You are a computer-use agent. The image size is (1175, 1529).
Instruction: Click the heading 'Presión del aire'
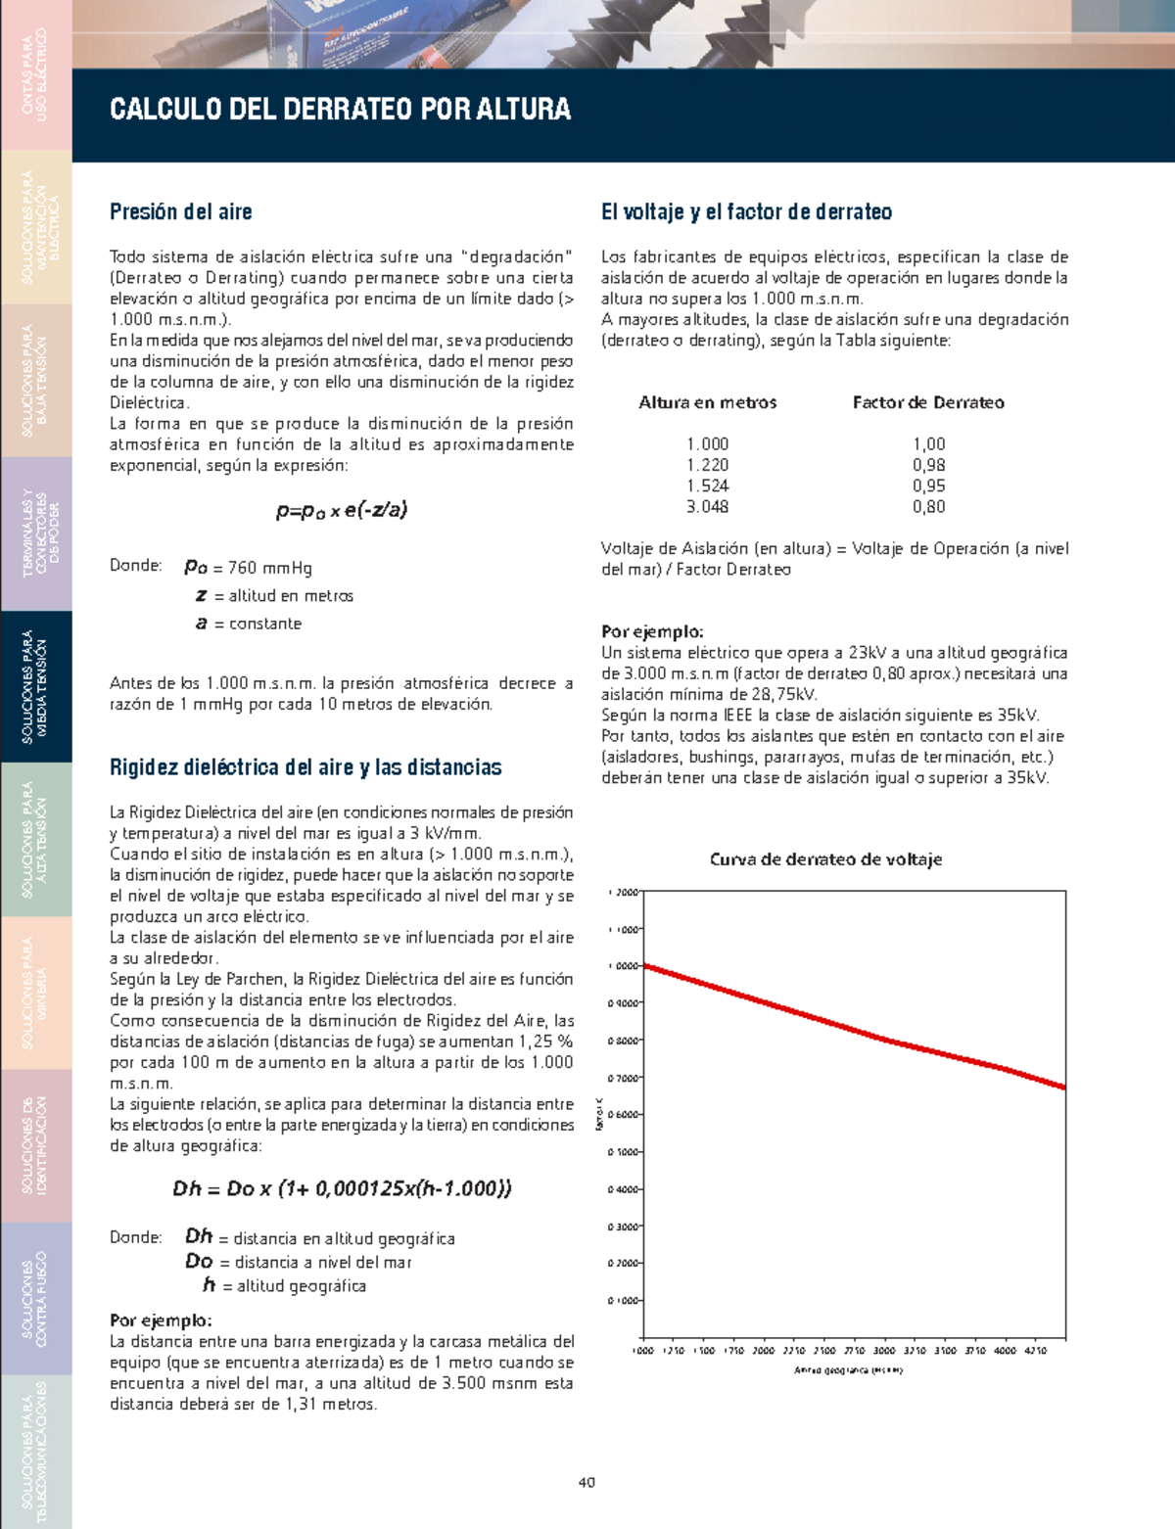tap(181, 212)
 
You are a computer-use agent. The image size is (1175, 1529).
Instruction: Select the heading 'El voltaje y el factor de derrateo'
tap(746, 212)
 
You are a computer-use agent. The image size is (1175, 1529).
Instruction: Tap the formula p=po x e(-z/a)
tap(342, 510)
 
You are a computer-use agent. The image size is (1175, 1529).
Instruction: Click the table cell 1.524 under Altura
tap(707, 486)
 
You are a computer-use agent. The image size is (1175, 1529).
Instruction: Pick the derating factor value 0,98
tap(928, 466)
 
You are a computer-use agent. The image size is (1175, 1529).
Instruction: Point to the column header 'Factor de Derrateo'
tap(928, 402)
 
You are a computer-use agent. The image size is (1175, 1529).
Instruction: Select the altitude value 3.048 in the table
tap(707, 507)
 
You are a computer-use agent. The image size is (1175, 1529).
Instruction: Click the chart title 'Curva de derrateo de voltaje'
tap(825, 859)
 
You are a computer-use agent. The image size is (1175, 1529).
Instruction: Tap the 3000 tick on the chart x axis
tap(884, 1351)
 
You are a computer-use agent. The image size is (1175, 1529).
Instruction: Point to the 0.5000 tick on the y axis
tap(624, 1152)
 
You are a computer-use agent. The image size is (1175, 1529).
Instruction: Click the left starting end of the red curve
tap(646, 967)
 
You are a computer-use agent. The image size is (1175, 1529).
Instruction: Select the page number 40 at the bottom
tap(587, 1482)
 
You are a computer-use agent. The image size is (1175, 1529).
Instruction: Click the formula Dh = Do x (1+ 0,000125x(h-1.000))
tap(342, 1189)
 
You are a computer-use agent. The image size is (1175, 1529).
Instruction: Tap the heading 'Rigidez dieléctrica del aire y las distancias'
tap(305, 767)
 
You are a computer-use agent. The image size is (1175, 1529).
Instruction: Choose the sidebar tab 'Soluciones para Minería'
tap(35, 993)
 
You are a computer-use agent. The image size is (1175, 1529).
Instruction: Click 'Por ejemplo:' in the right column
tap(652, 632)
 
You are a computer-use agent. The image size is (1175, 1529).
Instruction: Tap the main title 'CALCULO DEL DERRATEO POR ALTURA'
tap(340, 109)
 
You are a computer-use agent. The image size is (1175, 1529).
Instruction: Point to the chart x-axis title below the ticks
tap(848, 1370)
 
